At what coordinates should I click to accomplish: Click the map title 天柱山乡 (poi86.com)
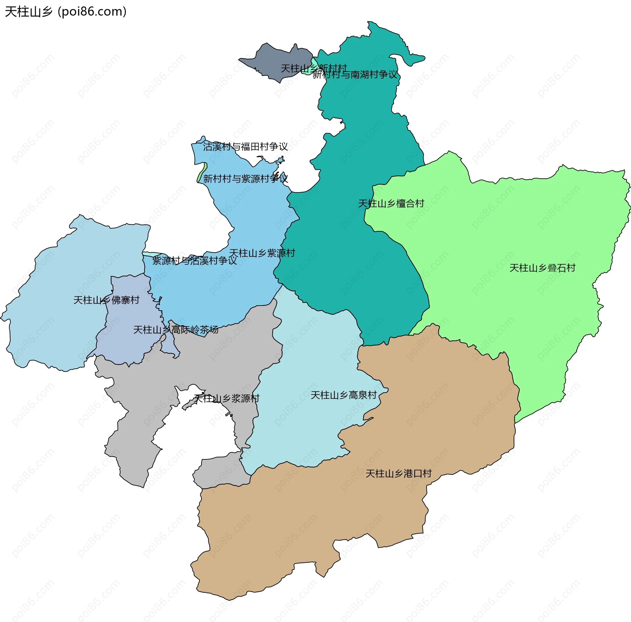pos(66,12)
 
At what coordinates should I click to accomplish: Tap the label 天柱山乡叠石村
pos(542,268)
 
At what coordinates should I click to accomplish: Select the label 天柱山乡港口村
pos(398,473)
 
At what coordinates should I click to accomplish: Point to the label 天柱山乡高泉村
pos(343,395)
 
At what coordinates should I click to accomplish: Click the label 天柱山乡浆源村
pos(227,398)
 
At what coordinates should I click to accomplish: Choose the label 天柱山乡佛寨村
pos(106,300)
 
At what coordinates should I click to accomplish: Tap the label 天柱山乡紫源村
pos(262,253)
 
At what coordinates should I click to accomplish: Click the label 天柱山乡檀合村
pos(391,203)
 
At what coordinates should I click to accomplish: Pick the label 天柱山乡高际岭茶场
pos(175,330)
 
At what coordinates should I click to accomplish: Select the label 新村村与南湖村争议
pos(355,75)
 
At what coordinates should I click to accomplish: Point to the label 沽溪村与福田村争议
pos(245,147)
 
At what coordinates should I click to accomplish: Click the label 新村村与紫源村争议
pos(245,179)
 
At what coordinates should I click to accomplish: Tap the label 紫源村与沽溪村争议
pos(194,261)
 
